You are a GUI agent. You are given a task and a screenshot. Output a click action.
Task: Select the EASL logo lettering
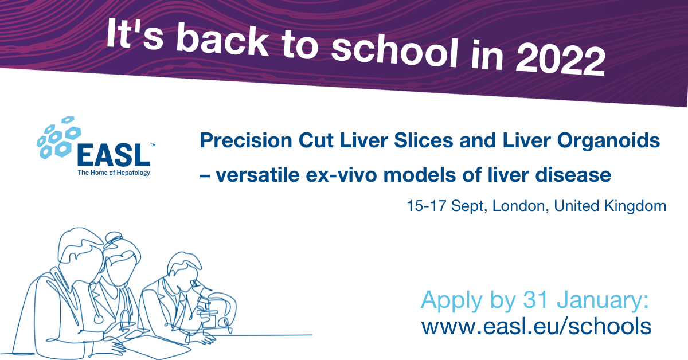point(114,155)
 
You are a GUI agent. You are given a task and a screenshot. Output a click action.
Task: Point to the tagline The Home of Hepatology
point(114,173)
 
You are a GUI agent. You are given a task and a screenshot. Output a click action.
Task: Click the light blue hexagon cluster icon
point(58,137)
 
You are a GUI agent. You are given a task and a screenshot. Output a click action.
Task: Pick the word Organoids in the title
point(608,141)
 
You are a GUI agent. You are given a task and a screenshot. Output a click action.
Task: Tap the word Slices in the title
point(423,140)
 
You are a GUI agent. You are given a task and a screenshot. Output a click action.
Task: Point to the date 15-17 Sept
point(447,206)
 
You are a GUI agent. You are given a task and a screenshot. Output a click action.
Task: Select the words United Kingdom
point(610,206)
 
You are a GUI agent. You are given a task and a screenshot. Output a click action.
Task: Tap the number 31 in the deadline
point(535,299)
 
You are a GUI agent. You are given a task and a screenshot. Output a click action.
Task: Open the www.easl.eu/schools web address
point(536,326)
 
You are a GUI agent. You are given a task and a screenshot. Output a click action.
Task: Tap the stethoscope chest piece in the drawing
point(98,319)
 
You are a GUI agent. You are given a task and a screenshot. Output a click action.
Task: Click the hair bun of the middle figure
point(114,238)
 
